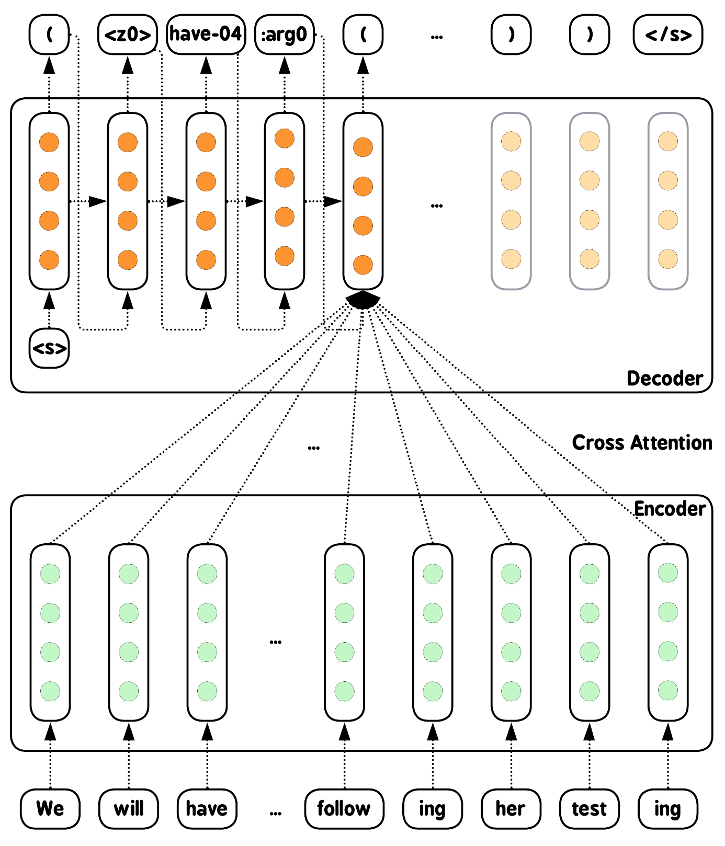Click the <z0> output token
point(128,35)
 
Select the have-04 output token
point(206,35)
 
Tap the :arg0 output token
point(284,35)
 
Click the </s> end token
point(668,35)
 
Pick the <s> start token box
point(49,348)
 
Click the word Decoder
point(664,379)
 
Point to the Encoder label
point(670,509)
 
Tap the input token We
point(50,809)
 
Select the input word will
point(129,809)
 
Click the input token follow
point(344,809)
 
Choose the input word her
point(511,809)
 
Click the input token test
point(590,809)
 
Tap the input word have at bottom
point(207,809)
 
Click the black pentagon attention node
point(362,300)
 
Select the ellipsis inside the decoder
point(437,206)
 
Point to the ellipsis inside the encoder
point(276,642)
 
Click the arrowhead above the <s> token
point(49,301)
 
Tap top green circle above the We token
point(50,573)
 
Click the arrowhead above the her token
point(511,733)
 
